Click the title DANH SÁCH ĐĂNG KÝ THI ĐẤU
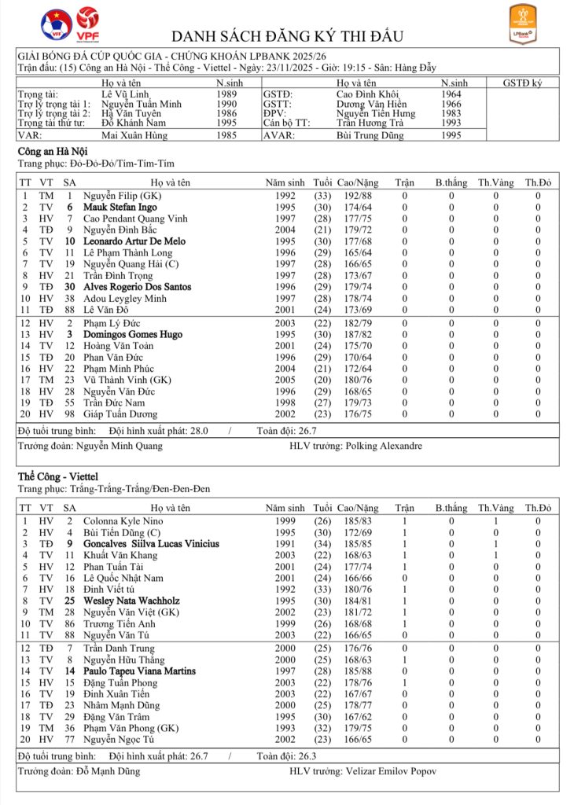tap(287, 37)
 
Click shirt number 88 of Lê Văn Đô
tap(70, 310)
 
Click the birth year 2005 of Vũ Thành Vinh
tap(286, 380)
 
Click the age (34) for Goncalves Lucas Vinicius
tap(322, 543)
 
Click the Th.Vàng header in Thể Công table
tap(495, 509)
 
